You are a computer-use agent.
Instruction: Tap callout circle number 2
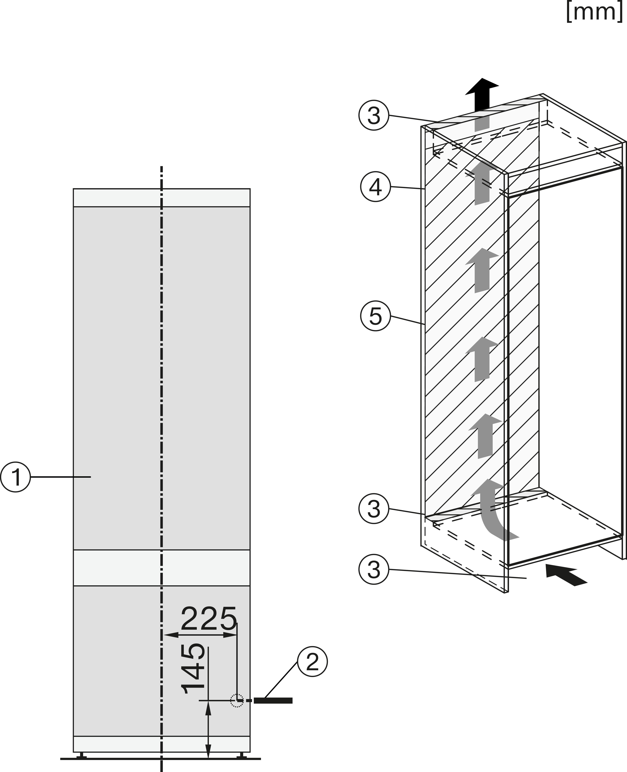[x=312, y=662]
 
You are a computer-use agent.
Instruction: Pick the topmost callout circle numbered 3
[x=374, y=115]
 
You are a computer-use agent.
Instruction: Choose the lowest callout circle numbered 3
[x=374, y=570]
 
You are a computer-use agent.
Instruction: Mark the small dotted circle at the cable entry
[x=237, y=701]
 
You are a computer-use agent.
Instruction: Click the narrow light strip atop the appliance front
[x=161, y=198]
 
